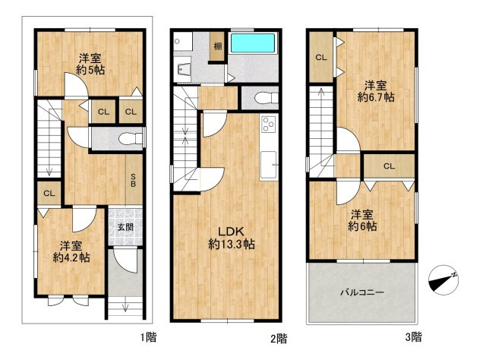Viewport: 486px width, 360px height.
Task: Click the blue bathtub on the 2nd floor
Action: pyautogui.click(x=253, y=43)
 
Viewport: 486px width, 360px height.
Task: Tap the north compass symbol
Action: pyautogui.click(x=443, y=279)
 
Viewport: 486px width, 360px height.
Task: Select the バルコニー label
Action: pyautogui.click(x=362, y=292)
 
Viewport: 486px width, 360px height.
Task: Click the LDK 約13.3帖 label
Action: pyautogui.click(x=232, y=238)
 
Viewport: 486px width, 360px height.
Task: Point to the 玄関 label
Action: pyautogui.click(x=125, y=227)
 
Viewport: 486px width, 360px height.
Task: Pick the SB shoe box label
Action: pyautogui.click(x=133, y=180)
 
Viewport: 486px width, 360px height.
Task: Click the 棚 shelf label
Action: pyautogui.click(x=218, y=46)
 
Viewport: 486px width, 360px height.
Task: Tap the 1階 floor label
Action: pyautogui.click(x=149, y=337)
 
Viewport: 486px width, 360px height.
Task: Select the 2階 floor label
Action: pyautogui.click(x=279, y=338)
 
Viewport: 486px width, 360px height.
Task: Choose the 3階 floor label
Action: pyautogui.click(x=413, y=336)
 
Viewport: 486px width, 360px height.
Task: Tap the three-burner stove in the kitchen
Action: pyautogui.click(x=268, y=124)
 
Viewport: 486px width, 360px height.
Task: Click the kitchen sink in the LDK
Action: pyautogui.click(x=268, y=165)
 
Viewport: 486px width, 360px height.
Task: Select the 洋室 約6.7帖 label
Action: pyautogui.click(x=376, y=91)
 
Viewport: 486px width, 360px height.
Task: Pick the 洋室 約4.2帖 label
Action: pyautogui.click(x=71, y=252)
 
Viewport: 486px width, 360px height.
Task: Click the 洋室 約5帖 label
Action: pyautogui.click(x=90, y=64)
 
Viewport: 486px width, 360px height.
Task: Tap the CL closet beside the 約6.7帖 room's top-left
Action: pyautogui.click(x=321, y=58)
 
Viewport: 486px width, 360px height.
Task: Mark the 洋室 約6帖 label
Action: pyautogui.click(x=362, y=220)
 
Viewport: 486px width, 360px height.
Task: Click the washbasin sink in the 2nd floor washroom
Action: pyautogui.click(x=184, y=70)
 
